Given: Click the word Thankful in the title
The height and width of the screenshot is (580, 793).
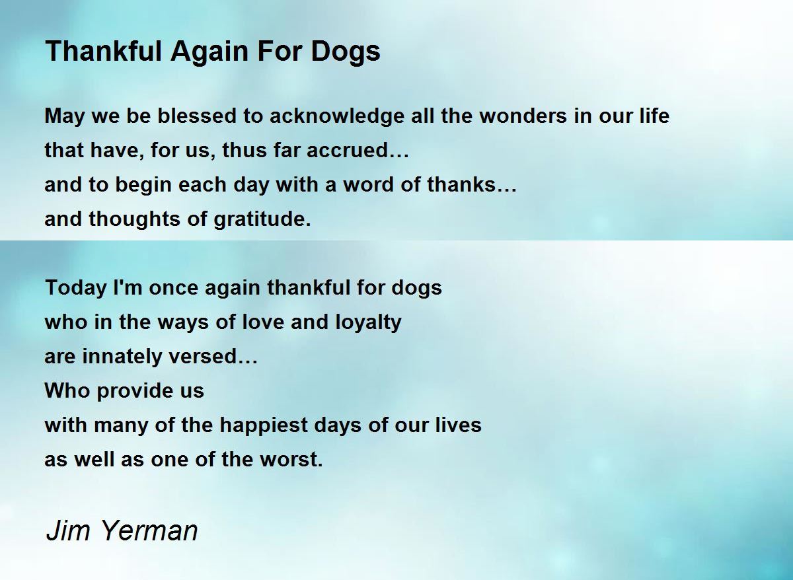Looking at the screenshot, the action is click(104, 51).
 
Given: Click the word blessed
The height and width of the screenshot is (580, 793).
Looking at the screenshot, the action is click(197, 116).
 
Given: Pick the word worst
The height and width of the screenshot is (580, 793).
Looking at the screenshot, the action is click(291, 459).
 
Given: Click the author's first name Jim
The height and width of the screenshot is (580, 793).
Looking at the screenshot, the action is click(68, 530).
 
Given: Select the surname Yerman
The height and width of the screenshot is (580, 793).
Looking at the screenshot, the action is click(149, 530).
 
